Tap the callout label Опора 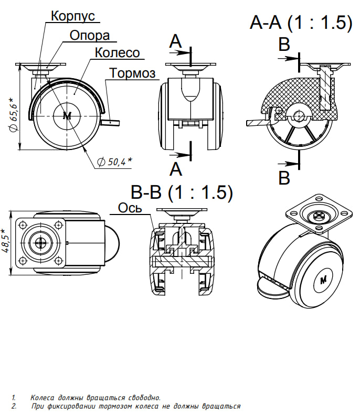click(x=90, y=36)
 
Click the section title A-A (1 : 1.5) click(x=301, y=22)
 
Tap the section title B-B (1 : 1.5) click(x=182, y=192)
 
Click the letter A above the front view click(x=175, y=42)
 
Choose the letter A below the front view click(x=176, y=169)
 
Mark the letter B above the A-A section click(x=284, y=45)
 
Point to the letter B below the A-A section click(x=284, y=178)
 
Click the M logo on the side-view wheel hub click(x=67, y=116)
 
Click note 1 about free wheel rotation click(x=95, y=398)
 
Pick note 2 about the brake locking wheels click(x=135, y=406)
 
